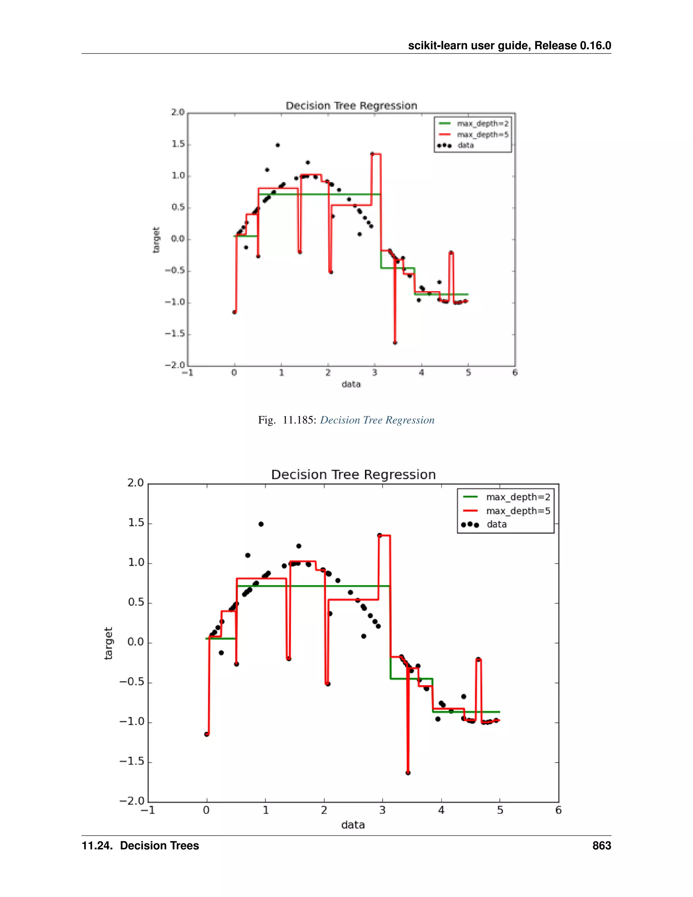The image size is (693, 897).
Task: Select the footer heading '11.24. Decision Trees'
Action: tap(140, 846)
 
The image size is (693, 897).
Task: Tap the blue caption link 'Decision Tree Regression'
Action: tap(377, 420)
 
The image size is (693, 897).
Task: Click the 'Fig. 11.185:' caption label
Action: tap(287, 420)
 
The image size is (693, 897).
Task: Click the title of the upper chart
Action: tap(352, 106)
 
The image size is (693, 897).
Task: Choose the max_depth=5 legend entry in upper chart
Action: tap(483, 134)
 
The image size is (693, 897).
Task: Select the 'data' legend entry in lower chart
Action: tap(496, 524)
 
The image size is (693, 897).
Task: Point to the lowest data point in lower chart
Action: tap(408, 772)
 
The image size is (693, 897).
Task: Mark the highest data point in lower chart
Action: tap(261, 524)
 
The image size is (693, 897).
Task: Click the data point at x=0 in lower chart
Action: tap(206, 734)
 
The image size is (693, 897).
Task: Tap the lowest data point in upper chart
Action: tap(395, 343)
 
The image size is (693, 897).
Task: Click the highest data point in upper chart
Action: tap(277, 145)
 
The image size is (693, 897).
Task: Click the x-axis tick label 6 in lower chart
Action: tap(558, 810)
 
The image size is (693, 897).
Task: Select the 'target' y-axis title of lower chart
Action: tap(108, 643)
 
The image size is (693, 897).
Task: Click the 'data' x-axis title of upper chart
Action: tap(351, 384)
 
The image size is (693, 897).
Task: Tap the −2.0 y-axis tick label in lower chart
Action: tap(132, 801)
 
